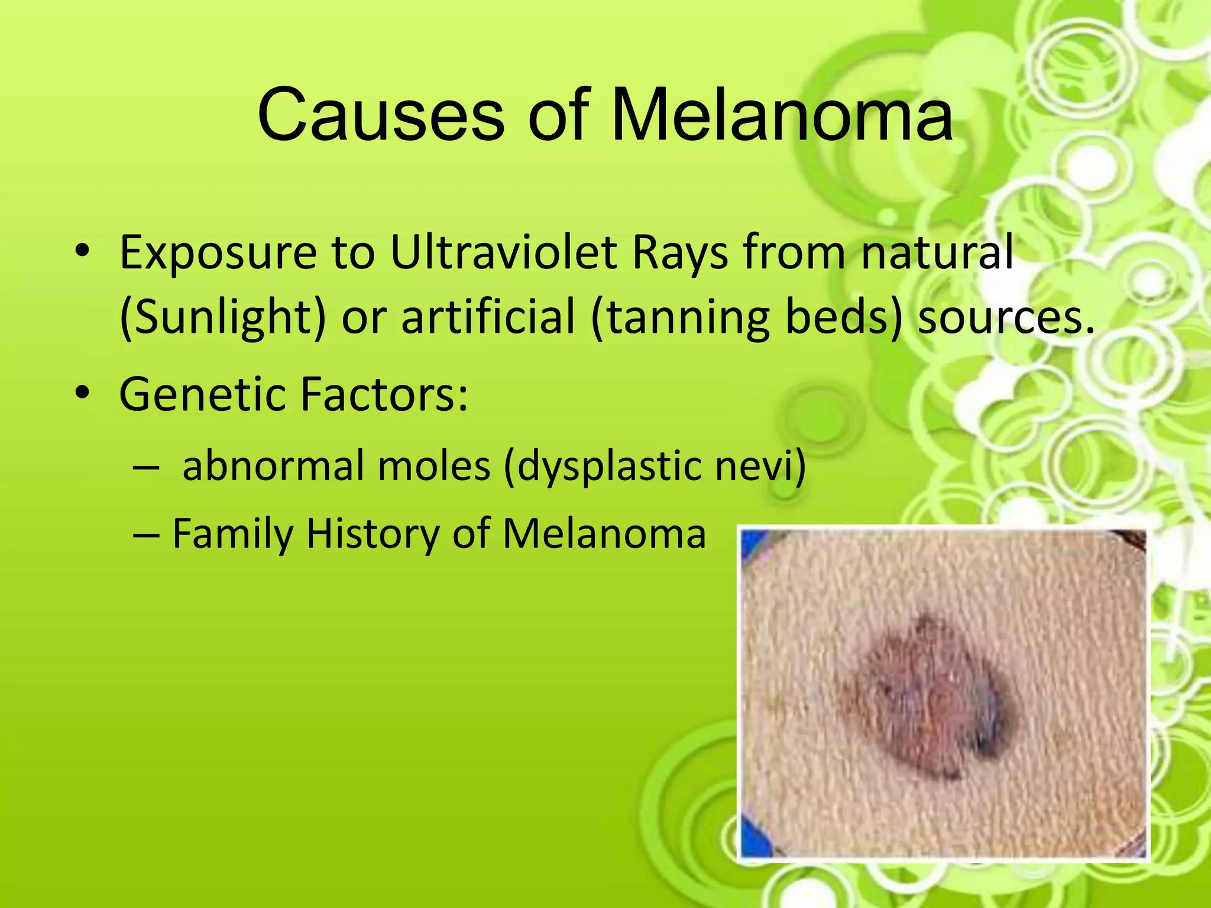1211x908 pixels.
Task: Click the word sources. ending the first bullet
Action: click(x=1005, y=317)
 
